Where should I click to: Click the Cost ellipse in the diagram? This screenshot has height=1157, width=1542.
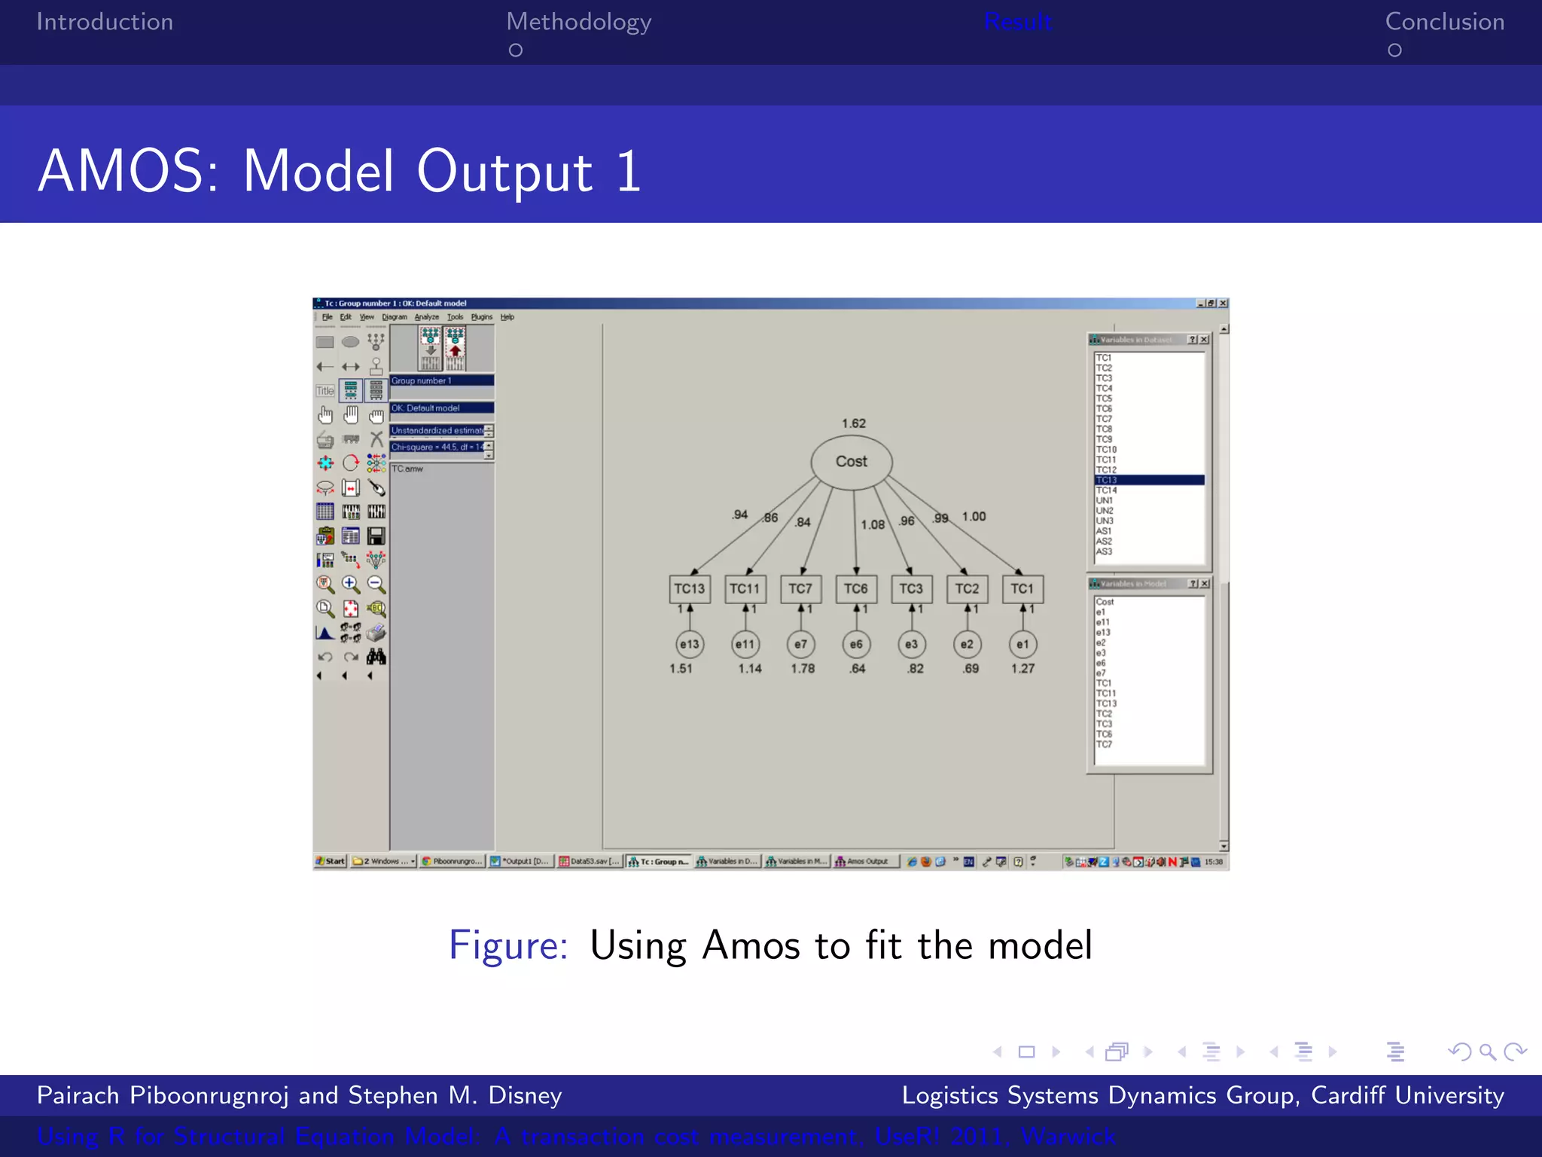click(x=852, y=462)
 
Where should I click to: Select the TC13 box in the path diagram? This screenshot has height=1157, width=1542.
click(x=690, y=589)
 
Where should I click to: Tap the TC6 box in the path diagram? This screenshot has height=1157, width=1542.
click(x=856, y=589)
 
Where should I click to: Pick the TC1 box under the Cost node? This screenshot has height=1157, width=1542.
click(x=1022, y=589)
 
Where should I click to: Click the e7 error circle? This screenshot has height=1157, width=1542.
click(x=800, y=645)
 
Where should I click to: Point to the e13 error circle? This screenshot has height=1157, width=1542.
click(x=690, y=645)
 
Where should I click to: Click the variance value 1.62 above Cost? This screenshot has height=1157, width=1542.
click(x=854, y=424)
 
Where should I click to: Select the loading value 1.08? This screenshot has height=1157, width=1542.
click(x=873, y=525)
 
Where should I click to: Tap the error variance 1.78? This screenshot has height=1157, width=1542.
click(x=803, y=669)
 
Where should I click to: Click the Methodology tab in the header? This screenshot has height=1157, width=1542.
click(x=578, y=23)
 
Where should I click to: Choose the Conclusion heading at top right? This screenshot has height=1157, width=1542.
click(x=1444, y=23)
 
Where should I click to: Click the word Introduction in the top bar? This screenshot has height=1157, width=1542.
click(x=105, y=23)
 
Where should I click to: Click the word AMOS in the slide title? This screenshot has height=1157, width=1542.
click(x=129, y=172)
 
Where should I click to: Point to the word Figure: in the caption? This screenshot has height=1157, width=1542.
click(x=508, y=946)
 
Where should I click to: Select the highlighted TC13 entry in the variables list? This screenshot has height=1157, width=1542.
click(x=1149, y=481)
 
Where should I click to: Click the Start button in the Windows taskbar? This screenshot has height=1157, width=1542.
click(x=331, y=862)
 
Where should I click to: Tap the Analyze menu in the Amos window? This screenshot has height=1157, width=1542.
click(x=427, y=317)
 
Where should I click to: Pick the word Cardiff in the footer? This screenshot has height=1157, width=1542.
click(x=1348, y=1096)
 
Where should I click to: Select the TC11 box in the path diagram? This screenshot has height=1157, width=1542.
click(x=745, y=589)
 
